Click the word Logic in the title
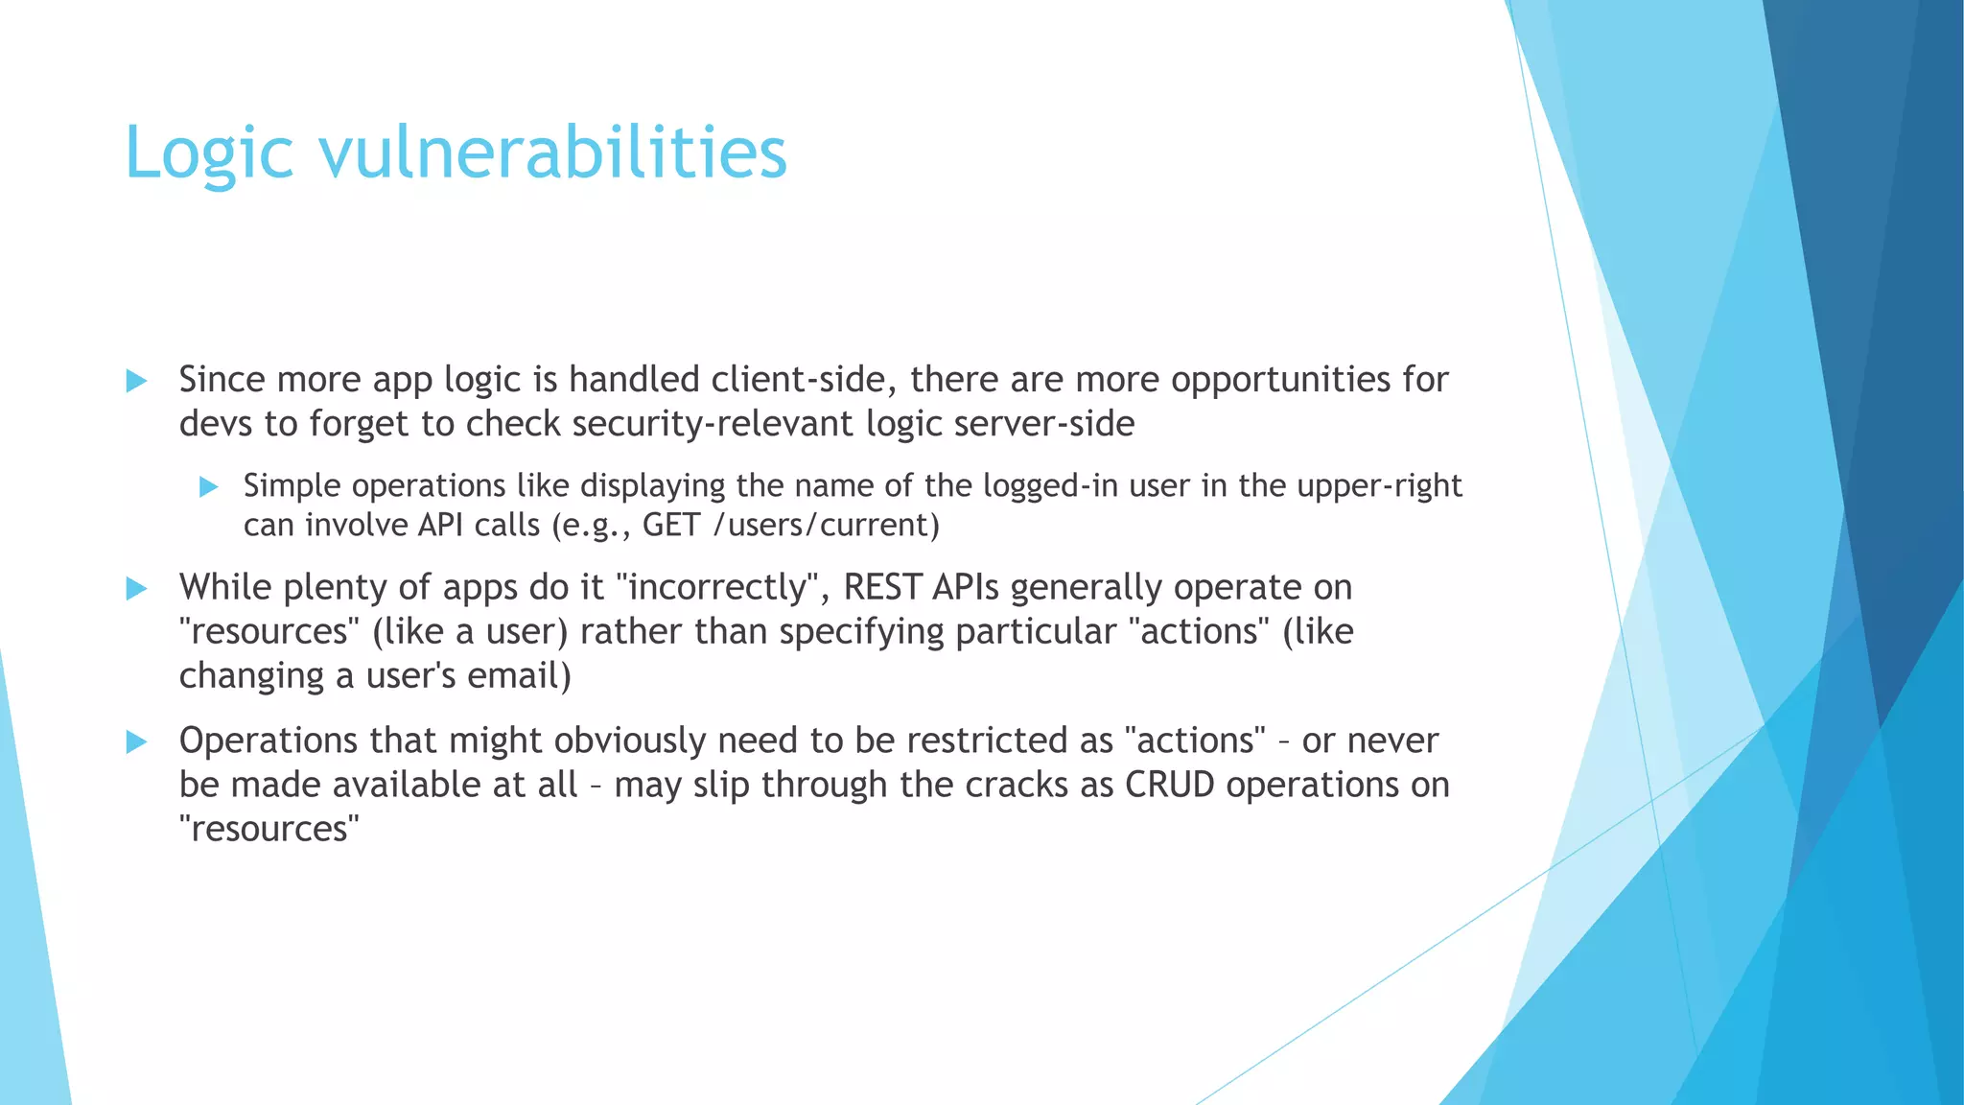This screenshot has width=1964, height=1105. point(209,153)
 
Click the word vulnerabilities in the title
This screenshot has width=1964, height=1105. point(553,153)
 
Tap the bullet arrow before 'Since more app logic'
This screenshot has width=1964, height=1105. point(136,381)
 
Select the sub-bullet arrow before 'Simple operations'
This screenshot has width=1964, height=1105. point(209,487)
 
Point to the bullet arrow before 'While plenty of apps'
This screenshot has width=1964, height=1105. point(136,588)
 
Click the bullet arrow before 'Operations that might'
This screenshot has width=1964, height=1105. point(136,741)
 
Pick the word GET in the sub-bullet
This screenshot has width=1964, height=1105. point(671,526)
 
